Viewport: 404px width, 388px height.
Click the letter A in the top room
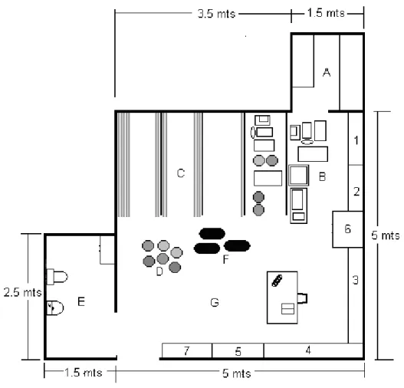coord(327,72)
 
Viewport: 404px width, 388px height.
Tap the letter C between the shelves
coord(181,173)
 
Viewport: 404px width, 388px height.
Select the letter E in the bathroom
coord(81,301)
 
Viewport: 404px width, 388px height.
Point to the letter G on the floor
coord(215,302)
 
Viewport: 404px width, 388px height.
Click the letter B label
coord(322,176)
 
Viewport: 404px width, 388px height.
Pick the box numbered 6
coord(347,229)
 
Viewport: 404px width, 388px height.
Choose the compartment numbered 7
coord(187,350)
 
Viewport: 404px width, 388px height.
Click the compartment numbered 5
coord(238,350)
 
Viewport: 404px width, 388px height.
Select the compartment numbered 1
coord(356,138)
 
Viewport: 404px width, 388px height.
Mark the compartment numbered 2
coord(356,188)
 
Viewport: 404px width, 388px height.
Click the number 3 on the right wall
coord(356,280)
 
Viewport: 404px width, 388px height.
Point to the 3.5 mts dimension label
coord(216,14)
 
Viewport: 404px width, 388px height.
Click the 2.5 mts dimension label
coord(23,292)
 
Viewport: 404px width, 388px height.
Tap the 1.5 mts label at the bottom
coord(84,373)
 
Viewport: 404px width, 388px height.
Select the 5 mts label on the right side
coord(386,235)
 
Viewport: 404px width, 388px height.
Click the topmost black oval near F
coord(212,234)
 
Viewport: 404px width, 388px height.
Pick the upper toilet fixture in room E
coord(57,277)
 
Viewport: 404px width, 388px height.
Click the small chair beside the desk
coord(302,298)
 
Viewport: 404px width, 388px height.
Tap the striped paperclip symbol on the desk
coord(278,281)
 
